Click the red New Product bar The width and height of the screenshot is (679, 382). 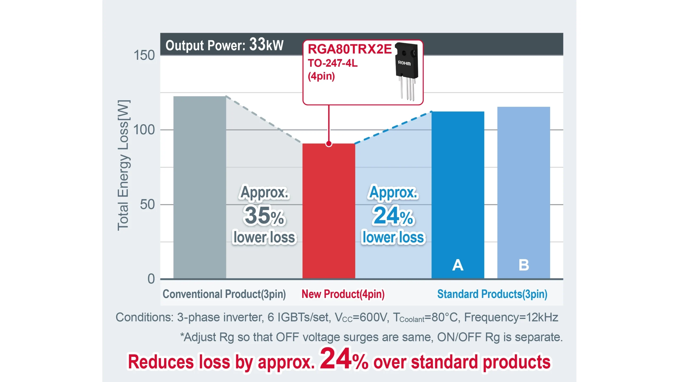click(x=329, y=212)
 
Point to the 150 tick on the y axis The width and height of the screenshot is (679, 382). click(x=144, y=55)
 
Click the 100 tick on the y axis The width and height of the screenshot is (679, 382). click(x=144, y=130)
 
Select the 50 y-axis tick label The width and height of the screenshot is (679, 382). click(x=147, y=205)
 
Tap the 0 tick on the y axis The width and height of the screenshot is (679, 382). click(x=151, y=279)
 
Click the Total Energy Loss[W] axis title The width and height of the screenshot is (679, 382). click(x=123, y=165)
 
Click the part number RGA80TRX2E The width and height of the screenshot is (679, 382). click(x=350, y=49)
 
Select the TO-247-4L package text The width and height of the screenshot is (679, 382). click(x=333, y=63)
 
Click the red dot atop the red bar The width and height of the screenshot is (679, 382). click(x=329, y=144)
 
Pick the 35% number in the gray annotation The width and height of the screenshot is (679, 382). click(x=264, y=216)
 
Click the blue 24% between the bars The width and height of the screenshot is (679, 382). click(x=393, y=216)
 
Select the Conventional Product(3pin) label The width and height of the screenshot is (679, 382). click(x=224, y=294)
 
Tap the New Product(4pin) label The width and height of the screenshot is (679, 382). click(x=343, y=294)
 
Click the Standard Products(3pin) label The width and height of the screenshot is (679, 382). click(x=492, y=294)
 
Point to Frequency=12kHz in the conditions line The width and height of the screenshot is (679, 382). click(x=511, y=317)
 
